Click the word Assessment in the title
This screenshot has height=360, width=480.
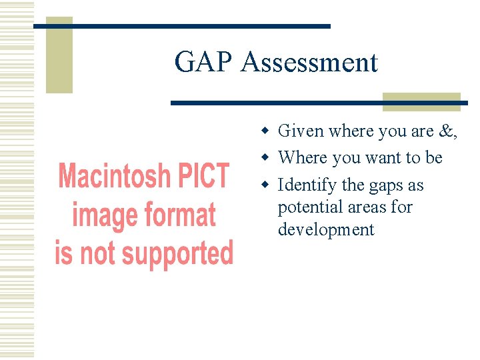(309, 63)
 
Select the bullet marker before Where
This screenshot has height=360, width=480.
(265, 157)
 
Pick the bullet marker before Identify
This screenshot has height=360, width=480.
(265, 185)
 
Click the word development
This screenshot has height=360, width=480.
(326, 230)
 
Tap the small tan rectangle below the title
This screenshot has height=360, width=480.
(421, 101)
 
